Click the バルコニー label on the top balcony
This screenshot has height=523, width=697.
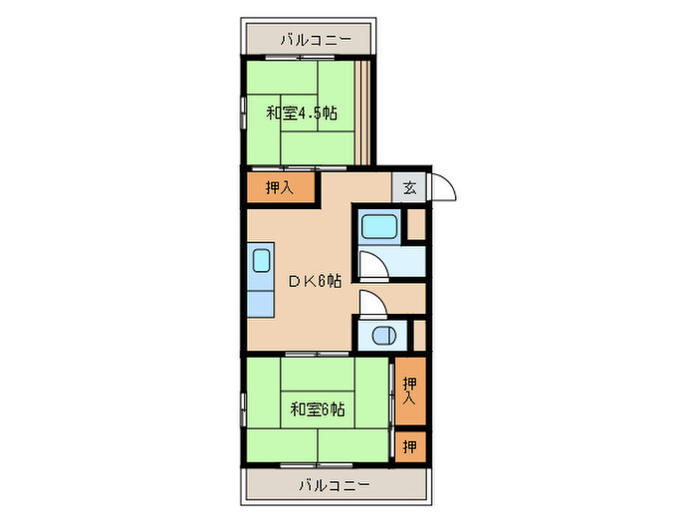pos(314,41)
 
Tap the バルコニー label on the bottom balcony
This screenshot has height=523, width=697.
pos(334,485)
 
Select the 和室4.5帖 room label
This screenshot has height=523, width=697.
pos(301,113)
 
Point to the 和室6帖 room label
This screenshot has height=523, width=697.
pos(317,408)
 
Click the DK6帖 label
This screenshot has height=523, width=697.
pos(316,281)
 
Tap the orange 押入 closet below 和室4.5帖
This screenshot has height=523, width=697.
pos(281,186)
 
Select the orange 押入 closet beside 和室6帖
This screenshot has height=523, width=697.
pos(410,391)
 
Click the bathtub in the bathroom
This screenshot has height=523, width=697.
pos(378,228)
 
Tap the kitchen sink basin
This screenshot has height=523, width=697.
pos(261,261)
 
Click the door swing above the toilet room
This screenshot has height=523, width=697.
pos(369,302)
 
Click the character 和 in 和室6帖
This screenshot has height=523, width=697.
pos(297,408)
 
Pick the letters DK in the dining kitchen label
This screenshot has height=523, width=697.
pos(300,281)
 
